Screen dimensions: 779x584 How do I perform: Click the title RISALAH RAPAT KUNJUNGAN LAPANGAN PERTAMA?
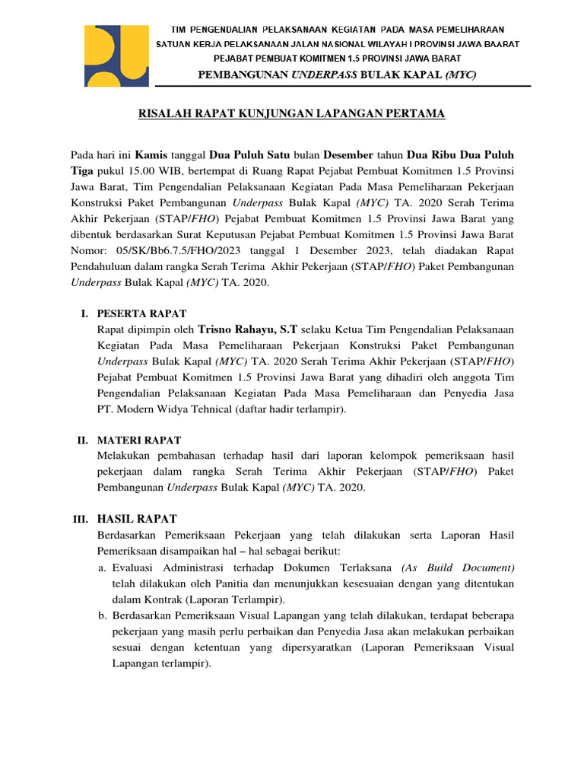[291, 114]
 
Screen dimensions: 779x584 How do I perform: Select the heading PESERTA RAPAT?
[141, 313]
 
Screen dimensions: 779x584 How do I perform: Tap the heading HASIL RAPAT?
[137, 519]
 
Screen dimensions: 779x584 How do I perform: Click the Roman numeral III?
[81, 520]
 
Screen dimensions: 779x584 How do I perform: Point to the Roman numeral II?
[83, 440]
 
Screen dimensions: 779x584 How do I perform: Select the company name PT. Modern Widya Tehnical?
[158, 409]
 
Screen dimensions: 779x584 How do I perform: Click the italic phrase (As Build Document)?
[458, 568]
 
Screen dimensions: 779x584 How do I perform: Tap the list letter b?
[102, 615]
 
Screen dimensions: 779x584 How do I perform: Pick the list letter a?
[102, 568]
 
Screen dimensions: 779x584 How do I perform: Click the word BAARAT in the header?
[500, 44]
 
